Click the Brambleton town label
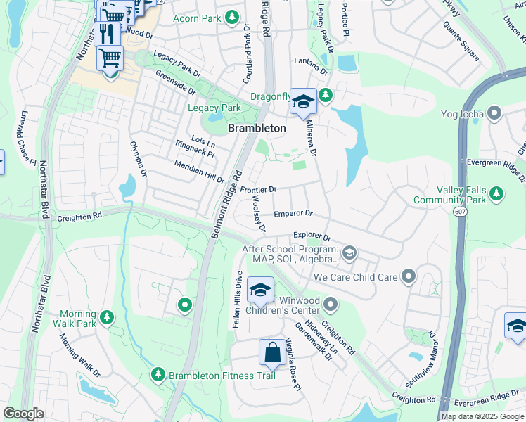point(257,128)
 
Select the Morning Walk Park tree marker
point(106,319)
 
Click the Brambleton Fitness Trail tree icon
point(158,374)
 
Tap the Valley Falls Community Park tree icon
point(496,193)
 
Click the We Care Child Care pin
point(408,276)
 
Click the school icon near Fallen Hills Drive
point(260,290)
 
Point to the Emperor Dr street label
point(293,213)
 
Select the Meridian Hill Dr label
point(199,171)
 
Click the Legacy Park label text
point(214,108)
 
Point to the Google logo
point(23,414)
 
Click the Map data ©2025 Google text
point(482,416)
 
